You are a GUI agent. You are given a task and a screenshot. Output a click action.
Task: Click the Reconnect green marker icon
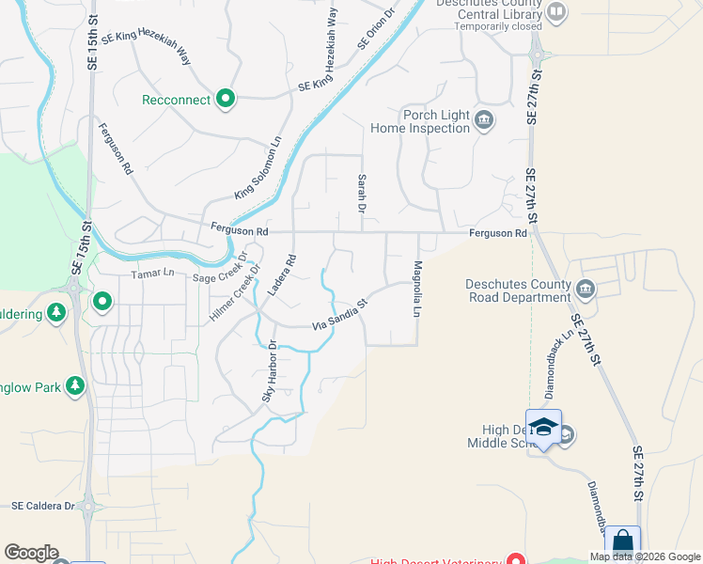[226, 98]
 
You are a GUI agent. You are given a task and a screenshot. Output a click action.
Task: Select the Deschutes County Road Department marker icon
[586, 288]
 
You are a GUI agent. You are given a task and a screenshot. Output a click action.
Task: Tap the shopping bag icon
[622, 542]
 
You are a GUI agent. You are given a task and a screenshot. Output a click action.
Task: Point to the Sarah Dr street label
[361, 192]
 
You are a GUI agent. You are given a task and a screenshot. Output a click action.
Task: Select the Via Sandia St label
[338, 315]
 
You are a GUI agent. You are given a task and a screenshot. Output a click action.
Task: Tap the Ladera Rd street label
[280, 275]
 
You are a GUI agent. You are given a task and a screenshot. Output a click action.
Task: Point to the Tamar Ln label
[153, 273]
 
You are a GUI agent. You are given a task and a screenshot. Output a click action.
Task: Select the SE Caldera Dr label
[43, 506]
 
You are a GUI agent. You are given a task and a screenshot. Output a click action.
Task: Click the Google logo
[31, 553]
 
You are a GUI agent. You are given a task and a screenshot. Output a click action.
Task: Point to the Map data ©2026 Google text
[645, 556]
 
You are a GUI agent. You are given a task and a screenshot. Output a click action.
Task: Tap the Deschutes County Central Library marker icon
[557, 12]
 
